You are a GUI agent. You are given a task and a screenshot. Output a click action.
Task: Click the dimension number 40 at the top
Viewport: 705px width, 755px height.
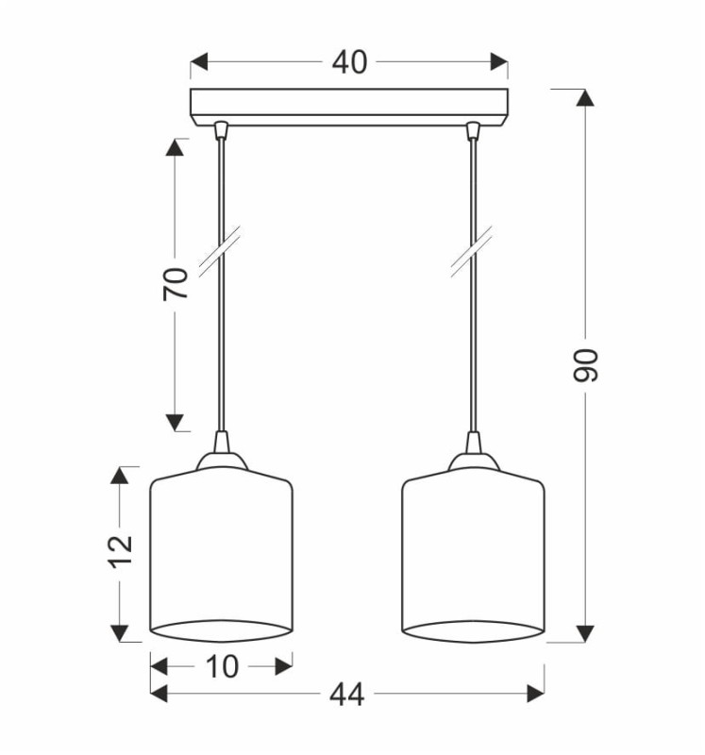(x=349, y=62)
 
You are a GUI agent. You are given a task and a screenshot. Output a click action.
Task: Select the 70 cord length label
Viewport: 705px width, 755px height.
(x=175, y=284)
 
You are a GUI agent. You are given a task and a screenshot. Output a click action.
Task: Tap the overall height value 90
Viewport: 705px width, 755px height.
(x=585, y=365)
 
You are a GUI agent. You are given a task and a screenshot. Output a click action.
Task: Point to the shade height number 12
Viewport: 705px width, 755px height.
(x=121, y=551)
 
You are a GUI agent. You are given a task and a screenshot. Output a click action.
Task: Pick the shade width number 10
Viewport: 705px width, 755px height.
(x=222, y=667)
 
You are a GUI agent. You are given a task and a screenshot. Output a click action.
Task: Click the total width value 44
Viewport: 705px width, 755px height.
(x=347, y=695)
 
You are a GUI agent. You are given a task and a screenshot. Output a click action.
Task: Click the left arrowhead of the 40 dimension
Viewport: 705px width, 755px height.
(x=199, y=62)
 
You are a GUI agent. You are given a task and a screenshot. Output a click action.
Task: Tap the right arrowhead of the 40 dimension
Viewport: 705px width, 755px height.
(x=499, y=62)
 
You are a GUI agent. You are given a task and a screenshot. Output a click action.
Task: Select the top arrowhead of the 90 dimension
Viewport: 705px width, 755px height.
(x=585, y=98)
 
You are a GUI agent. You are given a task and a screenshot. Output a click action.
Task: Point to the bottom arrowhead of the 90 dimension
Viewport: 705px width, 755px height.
(x=585, y=633)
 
